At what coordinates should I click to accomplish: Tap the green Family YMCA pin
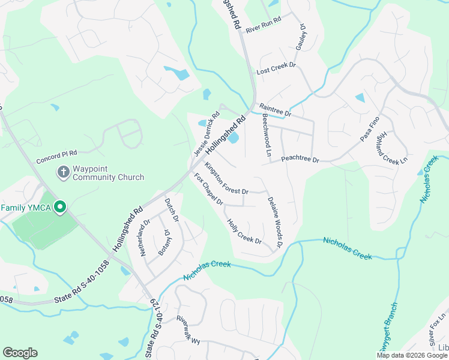click(60, 208)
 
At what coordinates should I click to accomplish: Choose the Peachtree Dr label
click(300, 160)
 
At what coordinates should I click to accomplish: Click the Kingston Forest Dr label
click(226, 178)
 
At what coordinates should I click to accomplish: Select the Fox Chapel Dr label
click(208, 189)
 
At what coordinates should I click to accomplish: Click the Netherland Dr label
click(145, 238)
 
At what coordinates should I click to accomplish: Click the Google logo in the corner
click(20, 353)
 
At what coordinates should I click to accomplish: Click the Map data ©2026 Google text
click(412, 355)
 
